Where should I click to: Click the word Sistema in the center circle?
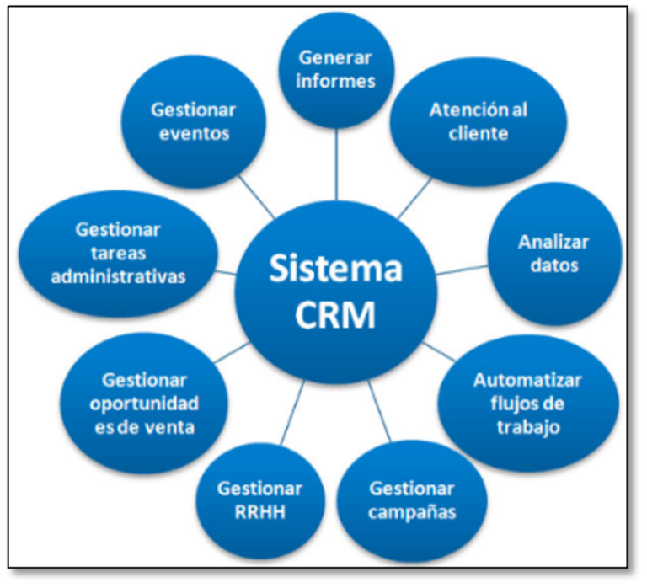[x=336, y=269]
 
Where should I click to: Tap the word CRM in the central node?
[x=335, y=314]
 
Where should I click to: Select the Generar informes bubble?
[x=336, y=70]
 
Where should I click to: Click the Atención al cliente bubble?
[x=479, y=121]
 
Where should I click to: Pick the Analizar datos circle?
[x=554, y=254]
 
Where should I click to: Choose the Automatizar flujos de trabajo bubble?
[x=527, y=404]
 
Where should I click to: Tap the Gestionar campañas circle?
[x=412, y=501]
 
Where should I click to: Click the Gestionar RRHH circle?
[x=260, y=501]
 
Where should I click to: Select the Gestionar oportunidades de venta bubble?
[x=144, y=404]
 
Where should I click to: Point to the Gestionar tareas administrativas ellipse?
[x=118, y=254]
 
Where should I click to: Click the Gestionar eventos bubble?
[x=194, y=121]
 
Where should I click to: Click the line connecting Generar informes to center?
[x=336, y=164]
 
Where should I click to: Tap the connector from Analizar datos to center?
[x=462, y=270]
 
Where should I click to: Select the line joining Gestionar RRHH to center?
[x=292, y=413]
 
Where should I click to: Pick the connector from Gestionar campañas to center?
[x=379, y=411]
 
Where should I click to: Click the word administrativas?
[x=118, y=276]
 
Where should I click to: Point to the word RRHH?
[x=260, y=512]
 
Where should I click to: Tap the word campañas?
[x=412, y=513]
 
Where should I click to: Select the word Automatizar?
[x=527, y=380]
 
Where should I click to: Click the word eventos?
[x=194, y=134]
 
